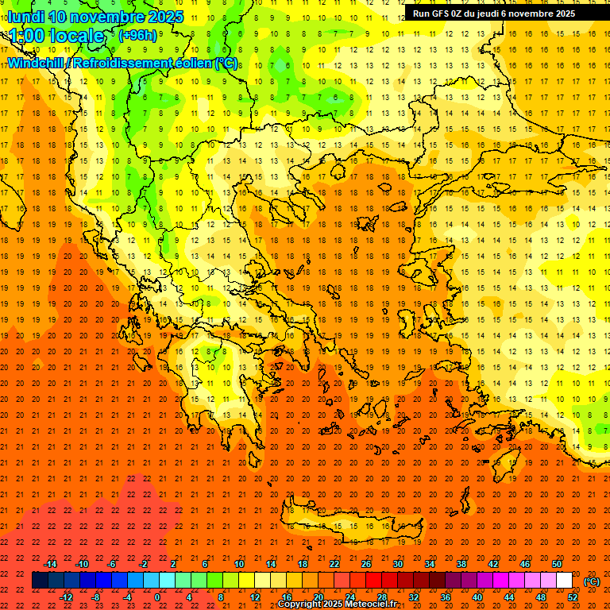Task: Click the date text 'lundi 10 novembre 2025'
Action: (95, 17)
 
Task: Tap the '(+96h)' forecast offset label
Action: (137, 35)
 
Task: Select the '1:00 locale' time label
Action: (56, 36)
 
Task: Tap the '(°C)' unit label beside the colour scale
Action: (592, 581)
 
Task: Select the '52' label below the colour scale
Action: (573, 597)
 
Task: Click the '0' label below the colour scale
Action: (157, 597)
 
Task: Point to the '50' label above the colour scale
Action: (556, 564)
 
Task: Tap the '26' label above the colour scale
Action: (366, 564)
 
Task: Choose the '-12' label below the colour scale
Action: (67, 597)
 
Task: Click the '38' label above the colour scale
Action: (461, 564)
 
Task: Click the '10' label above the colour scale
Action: (238, 564)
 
